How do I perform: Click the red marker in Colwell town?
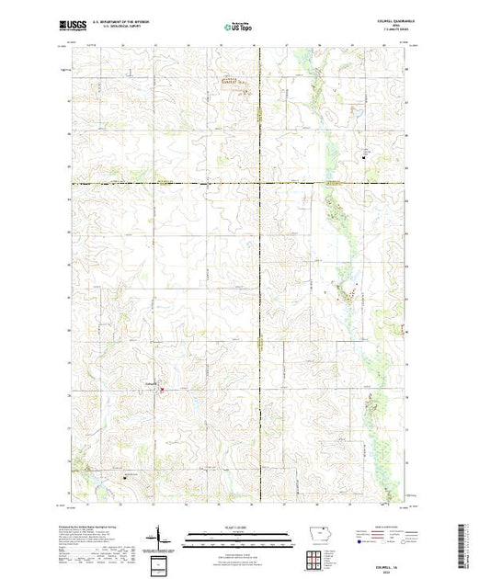(164, 390)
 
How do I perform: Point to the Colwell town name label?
(151, 386)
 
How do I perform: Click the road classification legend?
(394, 541)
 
